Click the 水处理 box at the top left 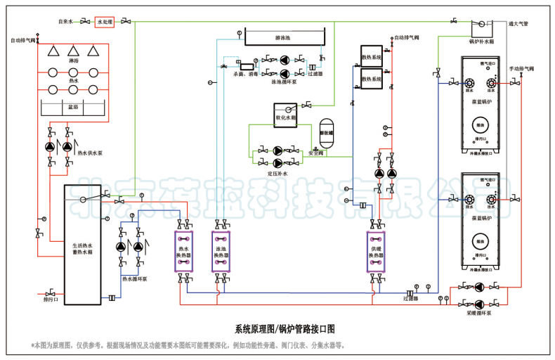pos(105,22)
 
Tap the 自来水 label pos(66,22)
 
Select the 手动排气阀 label pos(522,69)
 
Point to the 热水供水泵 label pos(91,152)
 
